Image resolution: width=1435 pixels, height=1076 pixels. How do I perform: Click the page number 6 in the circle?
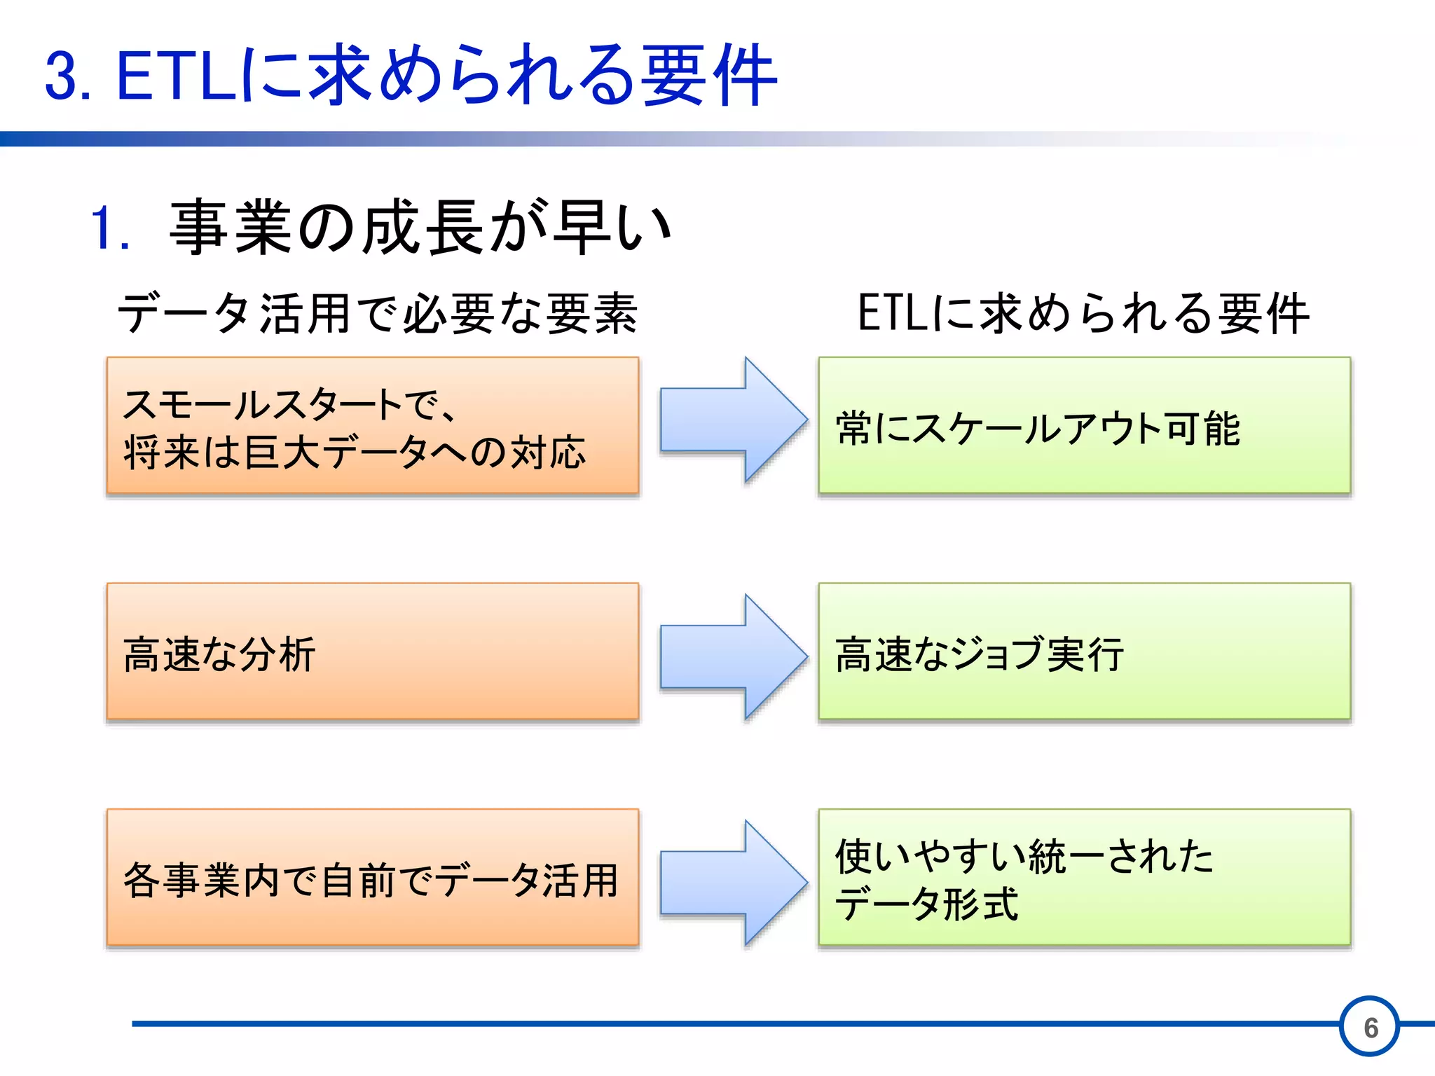tap(1371, 1028)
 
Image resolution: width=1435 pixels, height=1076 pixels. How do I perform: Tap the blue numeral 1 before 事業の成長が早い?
tap(104, 228)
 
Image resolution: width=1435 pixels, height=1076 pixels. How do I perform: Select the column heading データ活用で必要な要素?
tap(377, 313)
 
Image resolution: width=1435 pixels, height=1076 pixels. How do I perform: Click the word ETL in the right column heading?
tap(893, 313)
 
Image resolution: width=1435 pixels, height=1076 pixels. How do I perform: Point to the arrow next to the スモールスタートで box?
tap(732, 420)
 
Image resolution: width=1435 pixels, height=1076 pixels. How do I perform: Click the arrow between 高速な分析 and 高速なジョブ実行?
tap(732, 656)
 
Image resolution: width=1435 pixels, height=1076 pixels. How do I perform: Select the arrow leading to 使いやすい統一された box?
tap(732, 883)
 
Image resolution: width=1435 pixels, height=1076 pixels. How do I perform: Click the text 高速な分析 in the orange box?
tap(219, 655)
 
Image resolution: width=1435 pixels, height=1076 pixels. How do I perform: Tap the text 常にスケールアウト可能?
tap(1038, 428)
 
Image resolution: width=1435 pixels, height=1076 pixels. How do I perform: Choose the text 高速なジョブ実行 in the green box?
tap(980, 654)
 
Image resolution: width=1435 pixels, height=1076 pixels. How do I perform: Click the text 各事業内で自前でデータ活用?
tap(371, 881)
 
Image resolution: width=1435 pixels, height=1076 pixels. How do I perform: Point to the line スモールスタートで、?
tap(289, 405)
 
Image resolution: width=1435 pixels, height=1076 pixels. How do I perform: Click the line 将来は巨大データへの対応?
tap(355, 452)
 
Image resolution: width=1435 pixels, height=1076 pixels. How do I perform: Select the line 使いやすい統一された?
tap(1024, 856)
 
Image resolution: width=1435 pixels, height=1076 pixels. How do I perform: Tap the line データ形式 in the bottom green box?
tap(926, 904)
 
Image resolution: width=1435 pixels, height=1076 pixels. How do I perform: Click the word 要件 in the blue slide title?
tap(708, 75)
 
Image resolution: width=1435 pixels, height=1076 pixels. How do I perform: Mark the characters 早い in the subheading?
tap(611, 228)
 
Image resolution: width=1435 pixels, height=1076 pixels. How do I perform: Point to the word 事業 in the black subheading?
tap(231, 227)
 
